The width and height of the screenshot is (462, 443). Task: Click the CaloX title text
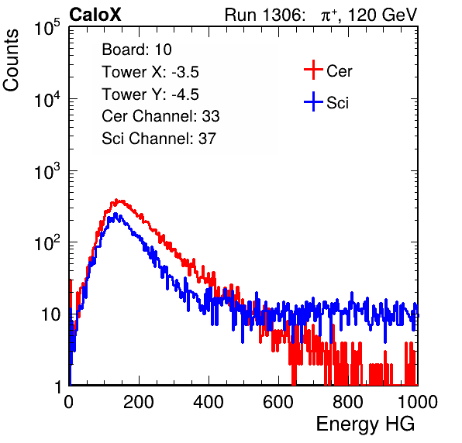[x=95, y=15]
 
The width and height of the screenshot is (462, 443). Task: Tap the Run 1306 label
[x=264, y=15]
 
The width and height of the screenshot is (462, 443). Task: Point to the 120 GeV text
[x=382, y=15]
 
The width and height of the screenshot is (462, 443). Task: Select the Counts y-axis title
[x=11, y=60]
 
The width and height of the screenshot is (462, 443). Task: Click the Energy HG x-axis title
[x=365, y=424]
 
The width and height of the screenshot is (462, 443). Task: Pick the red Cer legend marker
[x=313, y=70]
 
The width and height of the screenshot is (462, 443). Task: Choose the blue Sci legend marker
[x=313, y=102]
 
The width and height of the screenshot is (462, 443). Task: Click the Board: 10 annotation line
[x=136, y=50]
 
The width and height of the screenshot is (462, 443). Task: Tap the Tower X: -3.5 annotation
[x=150, y=72]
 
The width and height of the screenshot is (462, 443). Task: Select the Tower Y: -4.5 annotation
[x=150, y=94]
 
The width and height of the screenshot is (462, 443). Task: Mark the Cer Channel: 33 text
[x=160, y=116]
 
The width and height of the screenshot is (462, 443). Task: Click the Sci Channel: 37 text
[x=159, y=139]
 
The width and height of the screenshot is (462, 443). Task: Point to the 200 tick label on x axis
[x=139, y=402]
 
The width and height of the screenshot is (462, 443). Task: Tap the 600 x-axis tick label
[x=278, y=402]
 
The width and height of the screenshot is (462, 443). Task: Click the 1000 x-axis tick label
[x=418, y=402]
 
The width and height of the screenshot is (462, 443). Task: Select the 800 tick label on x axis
[x=348, y=402]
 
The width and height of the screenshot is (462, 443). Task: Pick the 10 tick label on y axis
[x=50, y=314]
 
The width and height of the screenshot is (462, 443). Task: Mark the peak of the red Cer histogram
[x=116, y=200]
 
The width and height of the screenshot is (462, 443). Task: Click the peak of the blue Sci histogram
[x=115, y=215]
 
